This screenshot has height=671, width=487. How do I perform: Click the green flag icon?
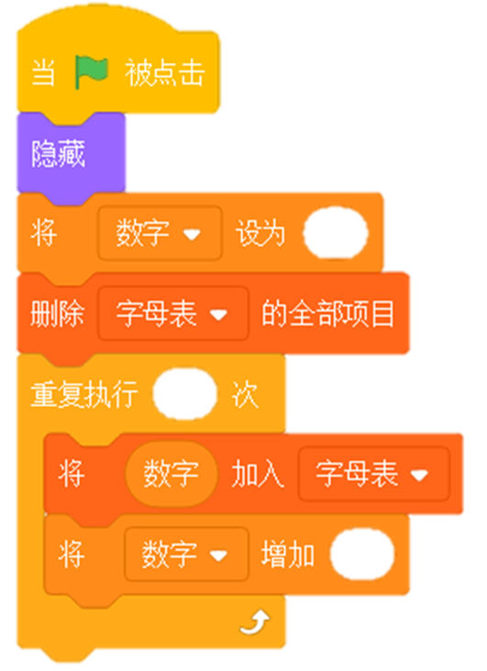[x=91, y=72]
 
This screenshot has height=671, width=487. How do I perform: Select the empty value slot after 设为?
[x=336, y=233]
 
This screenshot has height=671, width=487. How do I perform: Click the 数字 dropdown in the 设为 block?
[x=160, y=233]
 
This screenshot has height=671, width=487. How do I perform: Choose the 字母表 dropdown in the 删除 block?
[x=173, y=313]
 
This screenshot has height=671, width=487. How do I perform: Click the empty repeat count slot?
[x=185, y=394]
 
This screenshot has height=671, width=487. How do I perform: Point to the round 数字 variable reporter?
[x=172, y=474]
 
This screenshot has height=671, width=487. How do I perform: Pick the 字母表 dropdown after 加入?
[x=373, y=474]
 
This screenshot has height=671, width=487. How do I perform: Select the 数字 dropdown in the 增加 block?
[x=186, y=554]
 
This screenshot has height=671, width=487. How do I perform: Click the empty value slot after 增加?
[x=362, y=554]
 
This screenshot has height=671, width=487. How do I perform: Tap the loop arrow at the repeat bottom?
[x=255, y=622]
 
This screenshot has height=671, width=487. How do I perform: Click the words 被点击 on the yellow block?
[x=165, y=73]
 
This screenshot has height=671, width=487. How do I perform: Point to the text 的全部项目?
[x=328, y=313]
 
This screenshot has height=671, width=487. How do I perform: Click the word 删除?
[x=57, y=313]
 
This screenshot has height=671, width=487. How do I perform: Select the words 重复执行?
[x=84, y=394]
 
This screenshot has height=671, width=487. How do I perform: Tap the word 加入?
[x=258, y=475]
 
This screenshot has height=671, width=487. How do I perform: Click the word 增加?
[x=288, y=554]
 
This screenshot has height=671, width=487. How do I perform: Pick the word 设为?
[x=260, y=233]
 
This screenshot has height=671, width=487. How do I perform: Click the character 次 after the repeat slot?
[x=246, y=394]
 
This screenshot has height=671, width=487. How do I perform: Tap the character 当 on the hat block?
[x=44, y=73]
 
